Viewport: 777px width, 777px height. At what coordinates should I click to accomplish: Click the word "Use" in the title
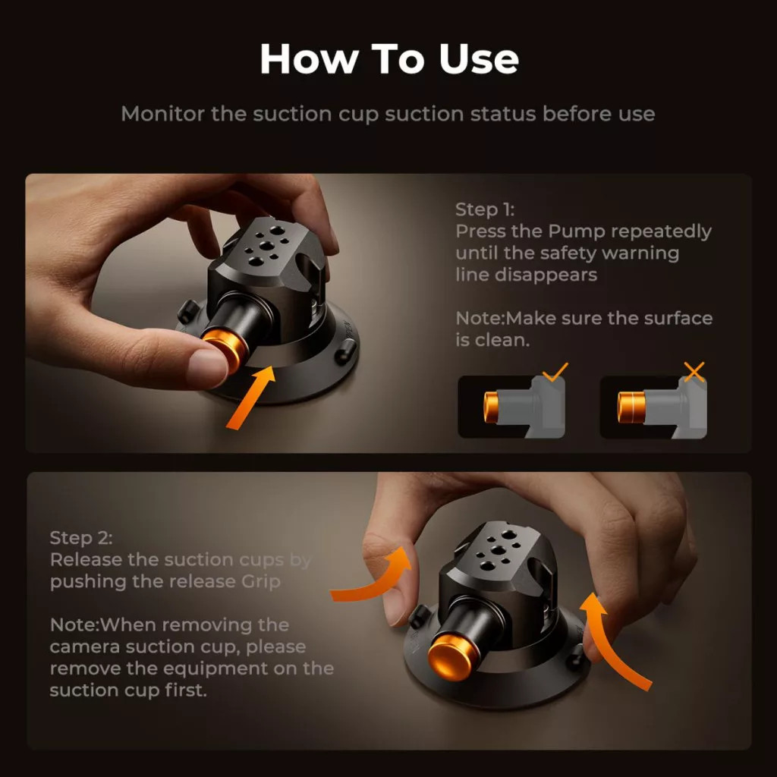pos(478,59)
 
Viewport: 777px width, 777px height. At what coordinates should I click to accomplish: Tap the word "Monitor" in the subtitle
pos(162,114)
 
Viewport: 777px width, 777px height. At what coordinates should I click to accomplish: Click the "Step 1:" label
pos(485,209)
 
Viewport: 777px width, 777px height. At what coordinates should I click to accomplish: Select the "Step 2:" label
pos(81,538)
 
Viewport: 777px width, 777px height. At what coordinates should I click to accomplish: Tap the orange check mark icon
pos(555,372)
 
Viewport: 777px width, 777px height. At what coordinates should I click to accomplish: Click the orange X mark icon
pos(694,372)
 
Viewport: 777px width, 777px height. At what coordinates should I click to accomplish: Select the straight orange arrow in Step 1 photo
pos(250,398)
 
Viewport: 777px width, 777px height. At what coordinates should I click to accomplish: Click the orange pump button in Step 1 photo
pos(226,349)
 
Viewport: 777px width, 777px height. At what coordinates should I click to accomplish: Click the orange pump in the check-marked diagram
pos(491,407)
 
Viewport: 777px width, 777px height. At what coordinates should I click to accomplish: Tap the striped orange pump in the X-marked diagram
pos(631,407)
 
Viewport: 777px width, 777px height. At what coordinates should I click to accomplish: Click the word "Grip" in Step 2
pos(261,582)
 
